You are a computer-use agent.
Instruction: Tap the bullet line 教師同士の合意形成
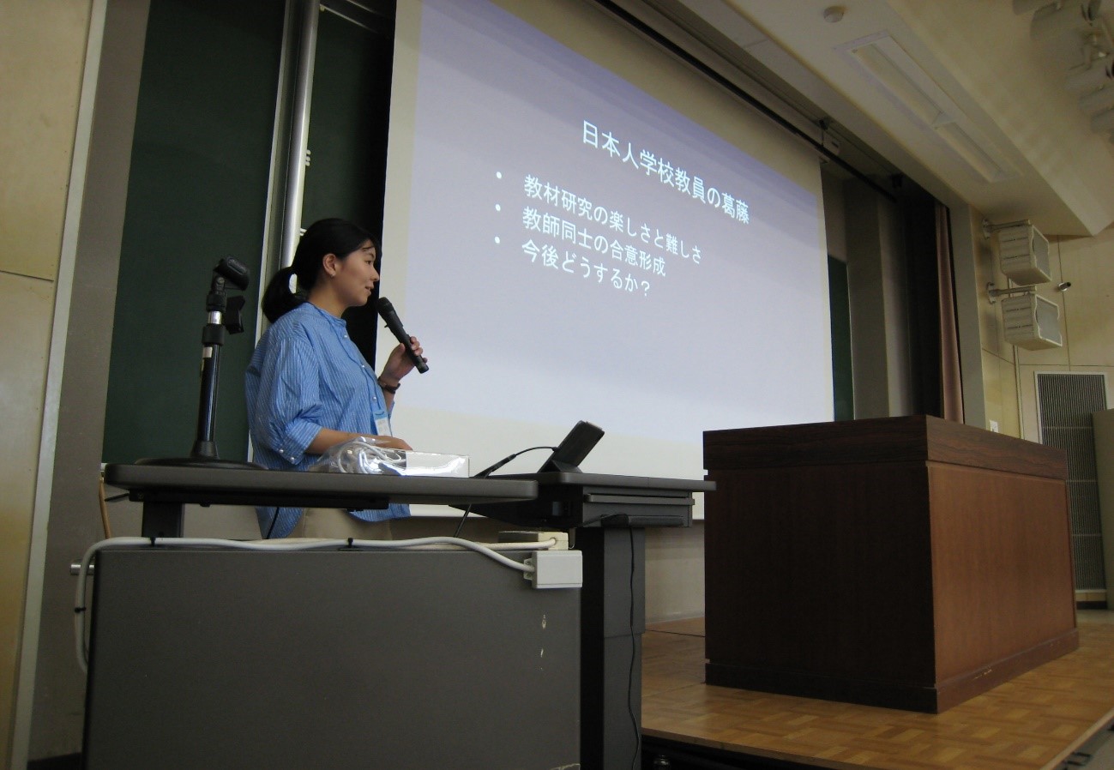(593, 241)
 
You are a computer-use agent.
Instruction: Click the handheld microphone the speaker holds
(401, 334)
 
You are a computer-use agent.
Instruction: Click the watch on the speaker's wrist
(388, 385)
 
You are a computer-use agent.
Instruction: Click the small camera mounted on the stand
(231, 273)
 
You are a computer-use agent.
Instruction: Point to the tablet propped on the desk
(572, 447)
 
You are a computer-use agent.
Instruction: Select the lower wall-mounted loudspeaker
(1031, 321)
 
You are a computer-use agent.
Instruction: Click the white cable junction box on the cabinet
(555, 568)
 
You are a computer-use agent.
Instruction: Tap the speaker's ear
(329, 263)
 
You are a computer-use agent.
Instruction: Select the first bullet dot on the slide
(498, 175)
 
